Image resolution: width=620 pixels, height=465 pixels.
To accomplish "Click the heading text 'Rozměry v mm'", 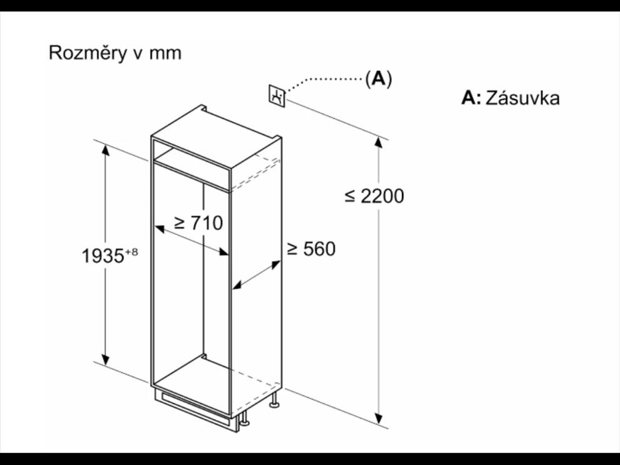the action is point(115,53).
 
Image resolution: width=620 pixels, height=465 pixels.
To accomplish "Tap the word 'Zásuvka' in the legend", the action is point(522,98).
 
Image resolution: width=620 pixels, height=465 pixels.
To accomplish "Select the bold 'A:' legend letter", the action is point(471,98).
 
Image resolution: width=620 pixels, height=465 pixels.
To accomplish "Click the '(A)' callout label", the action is point(378,79).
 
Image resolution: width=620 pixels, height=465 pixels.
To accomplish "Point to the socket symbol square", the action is point(277,95).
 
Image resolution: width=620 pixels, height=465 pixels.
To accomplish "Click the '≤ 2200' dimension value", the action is point(375,196).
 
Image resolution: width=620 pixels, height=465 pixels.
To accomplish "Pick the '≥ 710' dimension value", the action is point(199,223).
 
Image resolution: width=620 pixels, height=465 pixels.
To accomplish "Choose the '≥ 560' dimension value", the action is point(311,249).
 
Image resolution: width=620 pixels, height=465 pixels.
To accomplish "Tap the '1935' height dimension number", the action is point(103,256).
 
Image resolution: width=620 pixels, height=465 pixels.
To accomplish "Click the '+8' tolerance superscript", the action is point(132,252).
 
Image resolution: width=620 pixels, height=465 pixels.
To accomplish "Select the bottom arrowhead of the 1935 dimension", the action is point(106,359).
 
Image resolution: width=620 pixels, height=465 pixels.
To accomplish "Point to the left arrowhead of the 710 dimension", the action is point(159,228).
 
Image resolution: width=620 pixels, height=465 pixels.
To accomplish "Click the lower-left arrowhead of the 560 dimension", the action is point(237,285).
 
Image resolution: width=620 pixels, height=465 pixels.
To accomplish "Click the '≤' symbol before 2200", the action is point(350,196).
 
